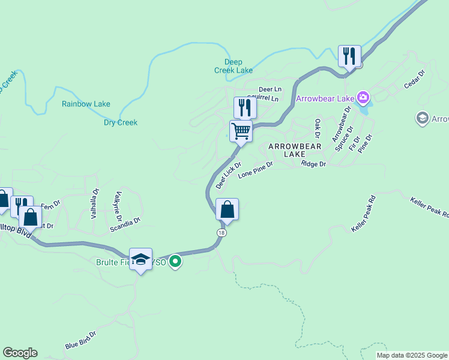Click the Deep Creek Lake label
[x=234, y=66]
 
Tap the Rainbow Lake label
[x=86, y=104]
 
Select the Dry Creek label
[x=120, y=122]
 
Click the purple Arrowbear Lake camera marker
[x=363, y=97]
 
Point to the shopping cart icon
[x=241, y=131]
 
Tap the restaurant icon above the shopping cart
[x=244, y=107]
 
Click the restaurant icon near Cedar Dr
[x=349, y=56]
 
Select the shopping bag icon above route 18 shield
[x=227, y=209]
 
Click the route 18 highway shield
[x=222, y=233]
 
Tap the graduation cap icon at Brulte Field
[x=140, y=259]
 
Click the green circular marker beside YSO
[x=175, y=262]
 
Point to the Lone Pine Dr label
[x=255, y=170]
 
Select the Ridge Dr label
[x=313, y=164]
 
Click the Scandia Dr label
[x=125, y=224]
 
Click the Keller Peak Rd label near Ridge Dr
[x=363, y=214]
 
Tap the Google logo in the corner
[x=20, y=353]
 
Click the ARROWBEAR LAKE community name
[x=295, y=150]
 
